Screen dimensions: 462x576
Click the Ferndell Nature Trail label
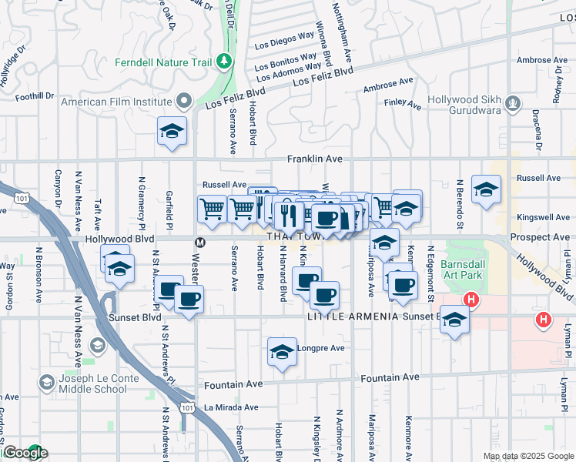point(164,62)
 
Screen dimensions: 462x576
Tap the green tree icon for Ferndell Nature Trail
point(223,59)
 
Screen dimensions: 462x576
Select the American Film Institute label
point(116,102)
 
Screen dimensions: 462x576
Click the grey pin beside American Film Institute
point(184,101)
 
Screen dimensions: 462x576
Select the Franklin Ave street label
point(314,159)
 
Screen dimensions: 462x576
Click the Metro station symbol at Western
point(199,242)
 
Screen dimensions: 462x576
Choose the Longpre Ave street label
point(322,348)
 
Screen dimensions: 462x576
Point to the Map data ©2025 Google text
point(527,456)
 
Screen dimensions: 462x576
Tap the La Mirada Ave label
point(229,407)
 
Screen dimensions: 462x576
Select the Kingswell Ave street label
point(543,218)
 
